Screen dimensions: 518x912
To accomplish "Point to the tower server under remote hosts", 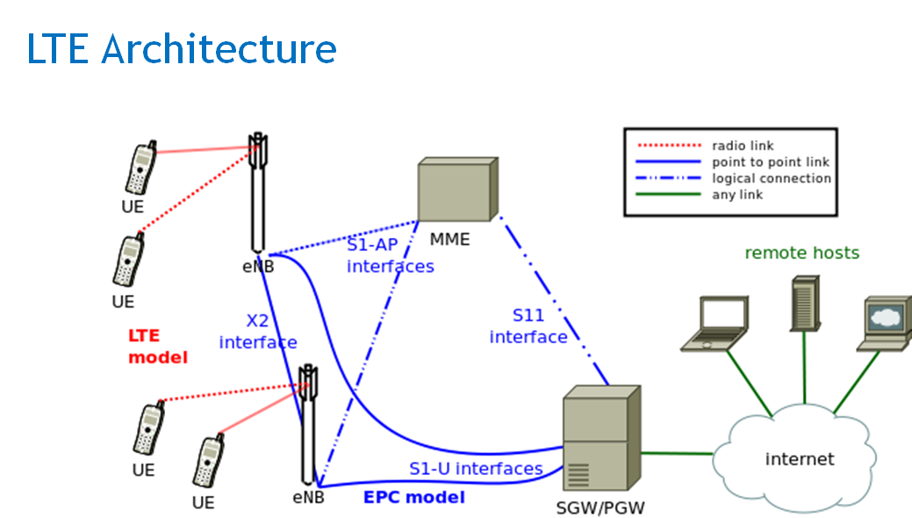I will (804, 303).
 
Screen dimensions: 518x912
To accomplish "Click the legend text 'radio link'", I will (743, 146).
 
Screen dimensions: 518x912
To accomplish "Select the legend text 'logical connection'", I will (771, 178).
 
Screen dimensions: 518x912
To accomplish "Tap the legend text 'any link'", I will (737, 194).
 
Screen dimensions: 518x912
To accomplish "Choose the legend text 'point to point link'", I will (770, 162).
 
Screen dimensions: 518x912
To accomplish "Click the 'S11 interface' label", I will (528, 326).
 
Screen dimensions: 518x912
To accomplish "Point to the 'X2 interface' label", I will (257, 332).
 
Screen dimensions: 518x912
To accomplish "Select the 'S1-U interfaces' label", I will (476, 469).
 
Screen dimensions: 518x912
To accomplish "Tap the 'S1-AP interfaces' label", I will (390, 255).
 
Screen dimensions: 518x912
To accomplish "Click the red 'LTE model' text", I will (158, 346).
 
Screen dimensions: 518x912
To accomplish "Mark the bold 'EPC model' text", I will (413, 497).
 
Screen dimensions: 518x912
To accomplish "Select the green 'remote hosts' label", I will (801, 253).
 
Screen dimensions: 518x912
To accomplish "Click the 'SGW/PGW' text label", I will (600, 507).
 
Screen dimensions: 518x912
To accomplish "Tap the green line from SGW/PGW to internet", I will (676, 453).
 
